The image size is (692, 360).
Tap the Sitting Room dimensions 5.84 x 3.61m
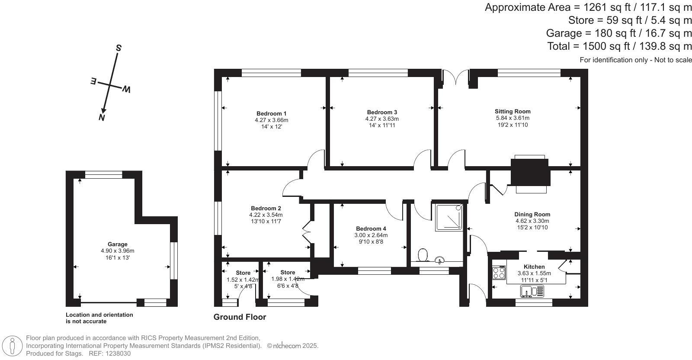(x=513, y=118)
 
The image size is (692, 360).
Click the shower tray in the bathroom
(x=449, y=216)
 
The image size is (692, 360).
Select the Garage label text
(x=117, y=244)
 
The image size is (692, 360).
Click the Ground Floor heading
(x=240, y=317)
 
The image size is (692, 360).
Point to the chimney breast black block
(x=530, y=172)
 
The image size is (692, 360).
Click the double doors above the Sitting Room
(x=456, y=78)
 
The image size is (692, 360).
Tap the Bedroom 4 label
(x=371, y=228)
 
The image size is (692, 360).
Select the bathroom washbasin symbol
(x=440, y=260)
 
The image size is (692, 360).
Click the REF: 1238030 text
(x=109, y=354)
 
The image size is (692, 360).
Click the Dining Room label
(x=532, y=214)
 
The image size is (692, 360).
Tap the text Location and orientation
(x=99, y=315)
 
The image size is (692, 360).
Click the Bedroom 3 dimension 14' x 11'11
(x=382, y=125)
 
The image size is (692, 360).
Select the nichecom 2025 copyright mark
(x=293, y=346)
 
